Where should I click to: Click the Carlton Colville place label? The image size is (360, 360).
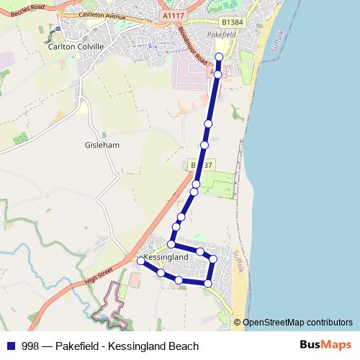(76, 46)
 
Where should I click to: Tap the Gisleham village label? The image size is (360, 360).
(102, 145)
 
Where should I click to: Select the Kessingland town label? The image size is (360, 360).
(166, 256)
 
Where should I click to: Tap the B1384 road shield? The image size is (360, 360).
(230, 22)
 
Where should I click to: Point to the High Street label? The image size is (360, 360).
(99, 274)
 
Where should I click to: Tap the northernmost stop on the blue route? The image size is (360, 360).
(220, 57)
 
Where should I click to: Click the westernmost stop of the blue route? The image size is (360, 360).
(140, 261)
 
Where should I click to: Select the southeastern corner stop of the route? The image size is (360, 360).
(208, 284)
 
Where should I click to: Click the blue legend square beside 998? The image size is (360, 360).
(9, 346)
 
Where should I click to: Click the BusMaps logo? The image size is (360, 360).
(326, 345)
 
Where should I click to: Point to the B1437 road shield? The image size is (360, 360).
(202, 166)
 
